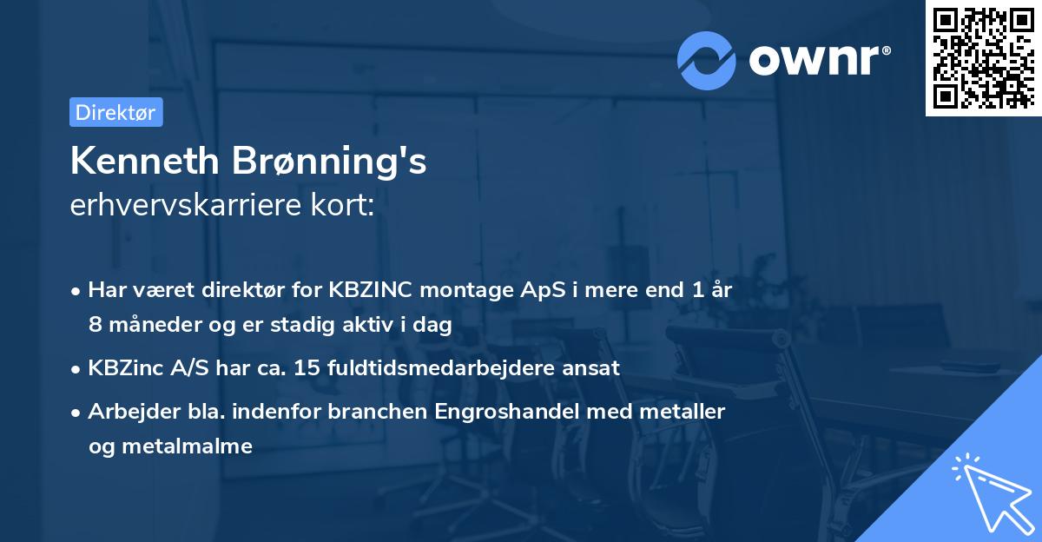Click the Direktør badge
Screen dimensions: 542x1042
[115, 113]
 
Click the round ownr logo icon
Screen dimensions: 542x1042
[707, 60]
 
